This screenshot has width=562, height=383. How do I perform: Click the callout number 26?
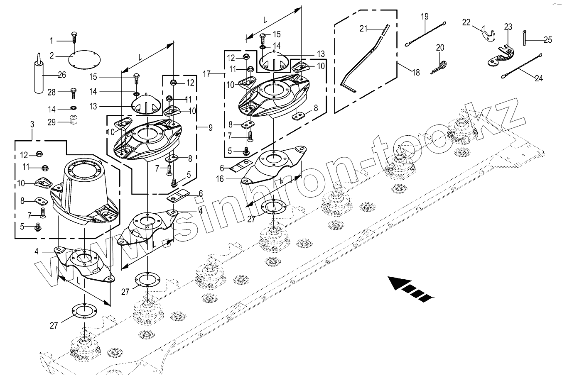tap(61, 75)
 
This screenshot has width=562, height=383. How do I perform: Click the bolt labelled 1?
tap(74, 37)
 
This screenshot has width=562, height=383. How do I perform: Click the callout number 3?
tap(32, 124)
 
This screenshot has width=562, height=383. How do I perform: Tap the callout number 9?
tap(211, 127)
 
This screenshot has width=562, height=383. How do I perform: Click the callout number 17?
tap(207, 74)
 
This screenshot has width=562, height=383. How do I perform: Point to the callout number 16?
tap(219, 179)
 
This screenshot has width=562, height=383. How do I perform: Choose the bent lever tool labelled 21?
tap(366, 58)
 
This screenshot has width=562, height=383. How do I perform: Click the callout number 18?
tap(416, 73)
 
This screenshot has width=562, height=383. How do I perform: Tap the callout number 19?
tap(424, 17)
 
